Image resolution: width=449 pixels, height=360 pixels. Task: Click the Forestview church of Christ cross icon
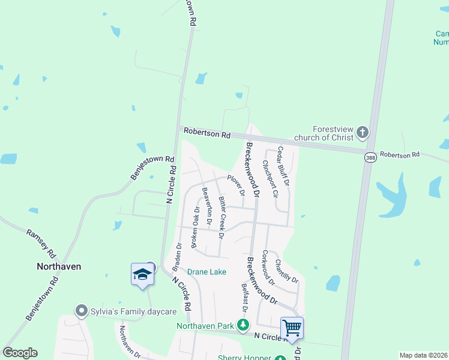362,131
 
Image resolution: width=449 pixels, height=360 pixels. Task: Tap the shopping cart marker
292,328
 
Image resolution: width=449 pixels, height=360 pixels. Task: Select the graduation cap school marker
142,275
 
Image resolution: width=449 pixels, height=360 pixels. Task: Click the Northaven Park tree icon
243,326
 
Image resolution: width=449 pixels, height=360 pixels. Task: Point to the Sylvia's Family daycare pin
82,311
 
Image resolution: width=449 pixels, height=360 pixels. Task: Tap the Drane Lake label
206,272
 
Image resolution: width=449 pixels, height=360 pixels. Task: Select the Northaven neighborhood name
59,266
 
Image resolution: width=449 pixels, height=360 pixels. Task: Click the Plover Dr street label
235,185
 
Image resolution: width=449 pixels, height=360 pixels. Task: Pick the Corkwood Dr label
268,268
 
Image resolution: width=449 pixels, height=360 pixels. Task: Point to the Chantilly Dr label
286,271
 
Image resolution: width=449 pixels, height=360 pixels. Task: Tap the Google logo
20,353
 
